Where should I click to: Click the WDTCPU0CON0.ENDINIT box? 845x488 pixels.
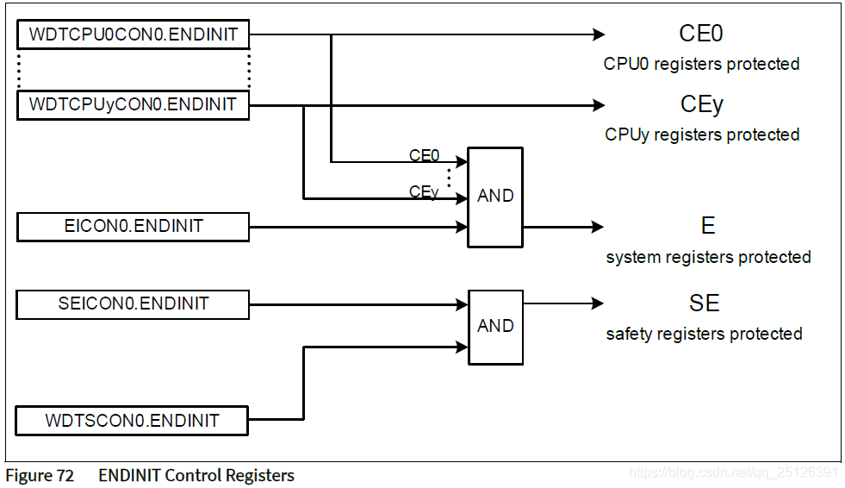133,35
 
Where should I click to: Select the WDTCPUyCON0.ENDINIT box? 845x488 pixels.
133,105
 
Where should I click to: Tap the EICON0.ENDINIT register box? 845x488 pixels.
133,227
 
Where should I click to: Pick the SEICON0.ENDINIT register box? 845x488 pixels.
133,304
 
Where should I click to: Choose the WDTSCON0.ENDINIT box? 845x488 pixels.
133,421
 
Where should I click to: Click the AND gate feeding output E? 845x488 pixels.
494,197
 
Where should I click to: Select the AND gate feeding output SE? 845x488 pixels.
494,327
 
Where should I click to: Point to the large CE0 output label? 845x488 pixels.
700,34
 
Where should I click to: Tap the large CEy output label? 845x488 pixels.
701,105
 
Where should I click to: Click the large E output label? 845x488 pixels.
707,227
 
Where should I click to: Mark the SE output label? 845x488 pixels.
704,303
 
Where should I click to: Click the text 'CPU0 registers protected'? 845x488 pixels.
701,64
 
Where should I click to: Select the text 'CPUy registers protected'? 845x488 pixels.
702,135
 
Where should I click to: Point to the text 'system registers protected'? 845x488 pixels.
708,257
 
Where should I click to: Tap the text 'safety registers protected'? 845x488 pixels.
704,334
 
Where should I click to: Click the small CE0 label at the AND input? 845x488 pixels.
424,156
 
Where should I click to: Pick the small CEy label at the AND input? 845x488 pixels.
424,192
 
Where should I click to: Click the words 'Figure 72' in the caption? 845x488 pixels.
40,475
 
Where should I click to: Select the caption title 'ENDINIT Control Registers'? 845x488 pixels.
196,475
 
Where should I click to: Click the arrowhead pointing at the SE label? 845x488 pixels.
597,303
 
